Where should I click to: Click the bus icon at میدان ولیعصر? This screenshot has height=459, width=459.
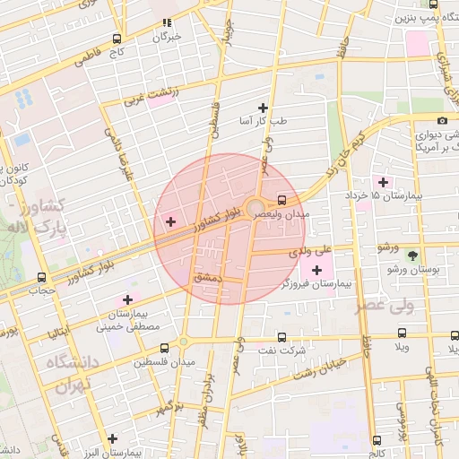tap(282, 200)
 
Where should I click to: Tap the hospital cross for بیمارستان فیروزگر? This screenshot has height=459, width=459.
tap(316, 270)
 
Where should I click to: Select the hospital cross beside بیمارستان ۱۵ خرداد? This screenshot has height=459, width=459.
tap(384, 182)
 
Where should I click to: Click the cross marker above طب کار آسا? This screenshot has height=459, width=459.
tap(263, 107)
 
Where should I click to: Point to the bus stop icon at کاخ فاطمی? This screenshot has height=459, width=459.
tap(117, 39)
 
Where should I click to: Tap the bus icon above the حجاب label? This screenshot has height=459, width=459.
tap(41, 278)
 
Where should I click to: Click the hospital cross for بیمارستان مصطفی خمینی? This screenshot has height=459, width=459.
tap(127, 299)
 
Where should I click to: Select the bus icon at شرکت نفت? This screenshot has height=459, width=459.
tap(282, 338)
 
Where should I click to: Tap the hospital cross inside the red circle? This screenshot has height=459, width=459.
tap(170, 221)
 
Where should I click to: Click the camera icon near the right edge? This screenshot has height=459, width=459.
tap(442, 121)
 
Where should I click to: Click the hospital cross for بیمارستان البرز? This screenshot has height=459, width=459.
tap(112, 438)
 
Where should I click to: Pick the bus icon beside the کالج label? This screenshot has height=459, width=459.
tap(377, 440)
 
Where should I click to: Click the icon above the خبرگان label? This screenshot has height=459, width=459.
tap(166, 22)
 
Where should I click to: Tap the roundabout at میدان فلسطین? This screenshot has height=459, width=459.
tap(183, 342)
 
